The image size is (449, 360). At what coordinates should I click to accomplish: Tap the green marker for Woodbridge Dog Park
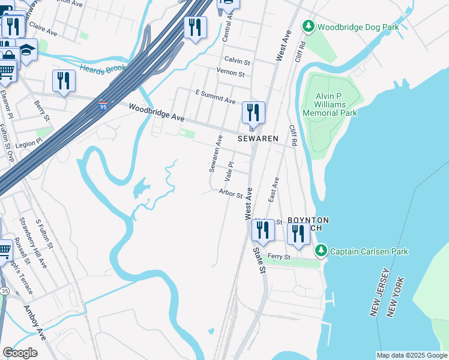click(308, 26)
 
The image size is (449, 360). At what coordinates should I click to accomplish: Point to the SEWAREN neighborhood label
click(258, 139)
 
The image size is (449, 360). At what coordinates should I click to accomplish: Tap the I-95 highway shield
click(103, 107)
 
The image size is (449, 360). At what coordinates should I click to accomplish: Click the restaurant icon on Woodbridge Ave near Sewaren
click(253, 112)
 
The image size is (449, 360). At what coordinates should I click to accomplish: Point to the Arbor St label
click(231, 194)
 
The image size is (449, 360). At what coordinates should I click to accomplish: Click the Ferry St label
click(279, 257)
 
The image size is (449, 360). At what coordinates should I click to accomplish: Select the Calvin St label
click(237, 61)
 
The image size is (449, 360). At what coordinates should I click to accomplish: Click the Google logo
click(20, 352)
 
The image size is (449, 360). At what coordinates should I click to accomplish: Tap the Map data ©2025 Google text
click(411, 355)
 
